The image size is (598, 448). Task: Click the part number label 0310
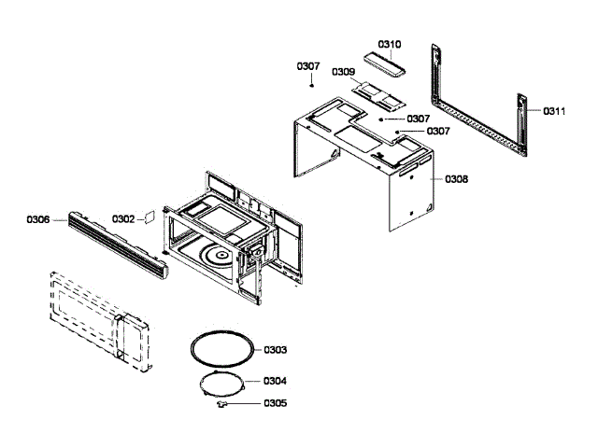pyautogui.click(x=390, y=44)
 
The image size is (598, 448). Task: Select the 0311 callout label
pyautogui.click(x=554, y=111)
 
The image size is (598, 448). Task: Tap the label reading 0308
pyautogui.click(x=456, y=178)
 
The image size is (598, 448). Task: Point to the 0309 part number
pyautogui.click(x=343, y=72)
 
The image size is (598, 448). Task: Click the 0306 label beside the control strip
pyautogui.click(x=38, y=219)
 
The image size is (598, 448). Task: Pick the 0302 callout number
pyautogui.click(x=123, y=218)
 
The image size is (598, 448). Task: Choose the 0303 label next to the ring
pyautogui.click(x=275, y=349)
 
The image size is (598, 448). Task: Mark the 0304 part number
pyautogui.click(x=275, y=381)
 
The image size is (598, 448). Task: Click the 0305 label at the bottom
pyautogui.click(x=275, y=404)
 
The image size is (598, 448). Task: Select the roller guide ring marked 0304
pyautogui.click(x=221, y=382)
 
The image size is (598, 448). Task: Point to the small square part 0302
pyautogui.click(x=147, y=217)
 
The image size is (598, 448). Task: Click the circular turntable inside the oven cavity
pyautogui.click(x=222, y=255)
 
